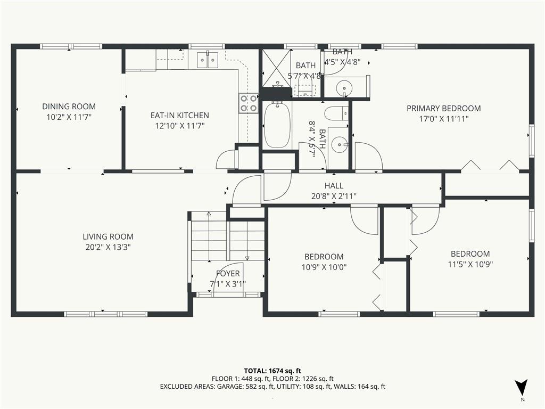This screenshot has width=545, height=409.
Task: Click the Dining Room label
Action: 69,107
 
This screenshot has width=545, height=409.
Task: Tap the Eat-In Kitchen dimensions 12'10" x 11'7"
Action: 180,126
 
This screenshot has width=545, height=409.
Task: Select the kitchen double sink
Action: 208,60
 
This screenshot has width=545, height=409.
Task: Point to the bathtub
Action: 277,125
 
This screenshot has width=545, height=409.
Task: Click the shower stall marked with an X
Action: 276,68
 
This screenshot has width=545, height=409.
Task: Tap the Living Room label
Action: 108,237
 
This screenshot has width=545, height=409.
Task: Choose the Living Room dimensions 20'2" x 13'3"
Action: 108,247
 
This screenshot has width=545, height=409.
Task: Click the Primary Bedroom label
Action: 444,109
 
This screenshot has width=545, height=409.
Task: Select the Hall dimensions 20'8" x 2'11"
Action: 334,196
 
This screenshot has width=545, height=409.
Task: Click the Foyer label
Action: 228,274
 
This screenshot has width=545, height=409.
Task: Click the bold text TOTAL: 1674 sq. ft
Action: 272,371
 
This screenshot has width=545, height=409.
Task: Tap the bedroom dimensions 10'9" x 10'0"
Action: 324,267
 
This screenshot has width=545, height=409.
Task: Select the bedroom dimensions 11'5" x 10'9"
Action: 470,264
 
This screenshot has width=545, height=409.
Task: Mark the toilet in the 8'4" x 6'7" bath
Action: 337,113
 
